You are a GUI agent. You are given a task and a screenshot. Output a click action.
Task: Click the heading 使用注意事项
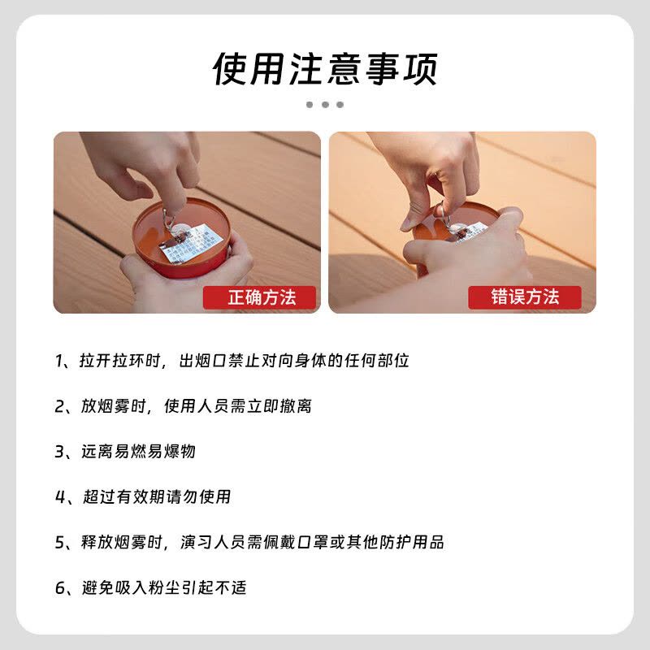(x=325, y=68)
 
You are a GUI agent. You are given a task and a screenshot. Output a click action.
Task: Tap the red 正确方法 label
(x=261, y=297)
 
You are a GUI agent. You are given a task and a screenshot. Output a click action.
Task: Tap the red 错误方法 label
(x=525, y=297)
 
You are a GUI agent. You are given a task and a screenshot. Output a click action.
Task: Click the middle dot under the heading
(x=325, y=105)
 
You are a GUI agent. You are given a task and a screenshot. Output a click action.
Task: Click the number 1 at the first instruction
(x=59, y=361)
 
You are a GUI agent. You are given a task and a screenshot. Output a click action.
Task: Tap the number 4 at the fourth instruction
(x=59, y=496)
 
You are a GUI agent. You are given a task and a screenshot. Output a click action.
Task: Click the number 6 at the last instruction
(x=59, y=587)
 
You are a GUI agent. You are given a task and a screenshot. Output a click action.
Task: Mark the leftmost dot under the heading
(x=310, y=105)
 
